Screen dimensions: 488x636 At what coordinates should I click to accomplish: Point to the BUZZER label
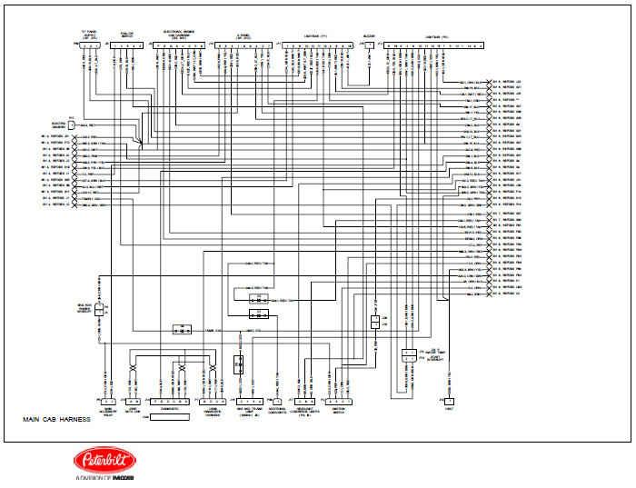pos(368,37)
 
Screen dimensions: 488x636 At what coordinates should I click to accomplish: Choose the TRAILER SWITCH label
pos(127,36)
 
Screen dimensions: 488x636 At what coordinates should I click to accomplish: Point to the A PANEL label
pos(243,36)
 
